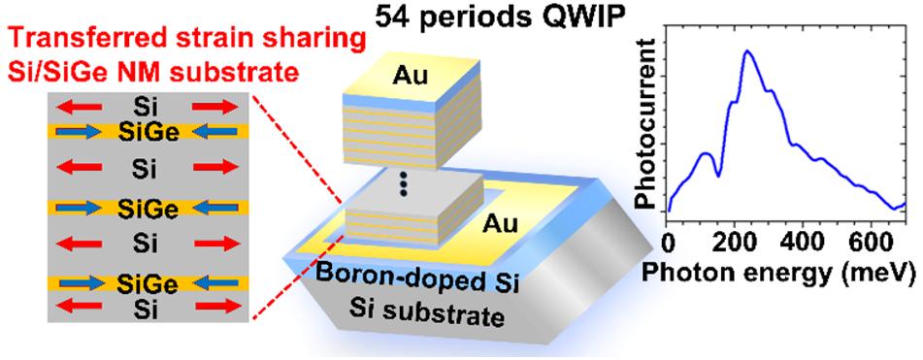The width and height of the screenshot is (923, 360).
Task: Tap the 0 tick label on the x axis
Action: tap(667, 242)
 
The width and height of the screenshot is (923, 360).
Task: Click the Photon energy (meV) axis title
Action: tap(781, 272)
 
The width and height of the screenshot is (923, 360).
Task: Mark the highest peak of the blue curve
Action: tap(747, 50)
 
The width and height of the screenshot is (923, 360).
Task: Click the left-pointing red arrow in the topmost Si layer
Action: tap(79, 108)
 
